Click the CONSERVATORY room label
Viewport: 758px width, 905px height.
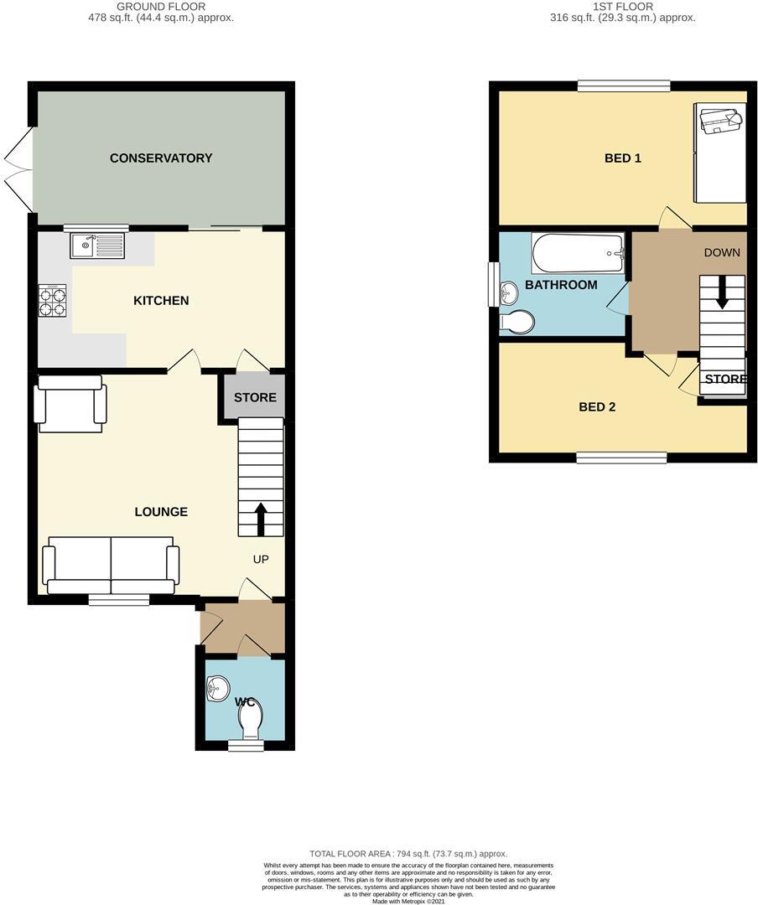(x=161, y=158)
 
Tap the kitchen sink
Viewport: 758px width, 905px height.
(x=97, y=246)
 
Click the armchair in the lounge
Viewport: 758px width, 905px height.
(x=70, y=404)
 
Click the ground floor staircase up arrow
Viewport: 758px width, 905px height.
(x=260, y=518)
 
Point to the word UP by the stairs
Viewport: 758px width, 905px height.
(x=261, y=559)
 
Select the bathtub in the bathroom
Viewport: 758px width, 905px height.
(x=578, y=252)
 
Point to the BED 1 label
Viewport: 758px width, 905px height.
(x=623, y=158)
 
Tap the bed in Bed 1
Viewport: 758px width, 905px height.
(x=719, y=153)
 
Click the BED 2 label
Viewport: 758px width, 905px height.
(x=597, y=407)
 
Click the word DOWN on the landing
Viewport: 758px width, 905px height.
(x=722, y=252)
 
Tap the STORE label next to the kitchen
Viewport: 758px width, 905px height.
(x=255, y=397)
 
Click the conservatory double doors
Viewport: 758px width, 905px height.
(x=19, y=169)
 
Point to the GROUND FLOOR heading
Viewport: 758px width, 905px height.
(x=161, y=6)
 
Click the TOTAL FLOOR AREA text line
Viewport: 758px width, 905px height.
(x=408, y=854)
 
